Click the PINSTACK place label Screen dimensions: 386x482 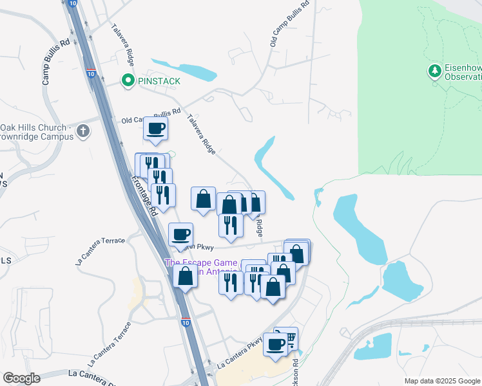(x=157, y=81)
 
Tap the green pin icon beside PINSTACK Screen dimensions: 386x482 (x=127, y=81)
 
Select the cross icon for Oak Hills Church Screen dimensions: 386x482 (x=82, y=132)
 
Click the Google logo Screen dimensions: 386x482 (x=21, y=378)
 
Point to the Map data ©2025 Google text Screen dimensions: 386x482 (x=442, y=381)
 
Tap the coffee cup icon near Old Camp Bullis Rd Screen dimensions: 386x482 (x=155, y=129)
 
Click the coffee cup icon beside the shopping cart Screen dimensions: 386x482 (x=275, y=344)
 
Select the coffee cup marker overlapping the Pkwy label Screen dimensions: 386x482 (x=180, y=234)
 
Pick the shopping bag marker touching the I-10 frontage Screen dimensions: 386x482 (x=186, y=277)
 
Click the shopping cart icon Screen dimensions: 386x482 (x=291, y=337)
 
